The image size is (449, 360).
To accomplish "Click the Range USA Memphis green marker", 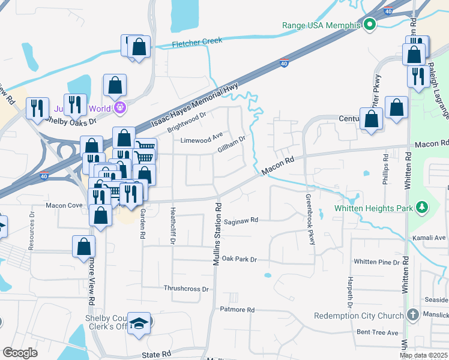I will click(x=370, y=25).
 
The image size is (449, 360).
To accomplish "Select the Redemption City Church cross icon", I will click(x=412, y=315).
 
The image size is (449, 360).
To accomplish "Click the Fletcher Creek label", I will click(x=197, y=43).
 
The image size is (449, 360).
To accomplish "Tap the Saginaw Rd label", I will click(x=240, y=220).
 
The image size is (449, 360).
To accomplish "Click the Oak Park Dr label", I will click(x=239, y=259).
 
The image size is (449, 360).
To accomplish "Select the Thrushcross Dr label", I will click(x=186, y=289).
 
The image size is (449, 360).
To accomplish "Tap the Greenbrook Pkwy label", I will click(x=310, y=219).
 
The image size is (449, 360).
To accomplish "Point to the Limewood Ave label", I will click(x=202, y=140).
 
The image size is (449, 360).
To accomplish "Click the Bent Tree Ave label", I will click(x=377, y=332).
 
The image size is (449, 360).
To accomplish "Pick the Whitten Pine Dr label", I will click(x=376, y=262).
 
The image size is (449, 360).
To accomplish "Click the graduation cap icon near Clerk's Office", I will click(x=139, y=323).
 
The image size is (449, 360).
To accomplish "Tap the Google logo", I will click(x=20, y=353).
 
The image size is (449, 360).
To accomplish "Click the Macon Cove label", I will click(x=64, y=205).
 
